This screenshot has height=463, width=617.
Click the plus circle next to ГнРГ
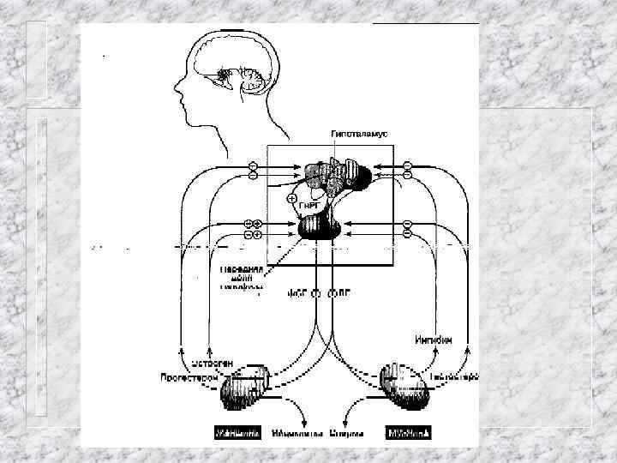point(291,198)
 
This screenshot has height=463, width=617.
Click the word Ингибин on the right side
point(434,340)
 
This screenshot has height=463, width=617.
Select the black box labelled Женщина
point(237,434)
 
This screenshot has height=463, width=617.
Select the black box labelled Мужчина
point(408,434)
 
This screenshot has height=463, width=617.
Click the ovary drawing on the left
point(245,392)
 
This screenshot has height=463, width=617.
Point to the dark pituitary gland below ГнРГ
point(319,228)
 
